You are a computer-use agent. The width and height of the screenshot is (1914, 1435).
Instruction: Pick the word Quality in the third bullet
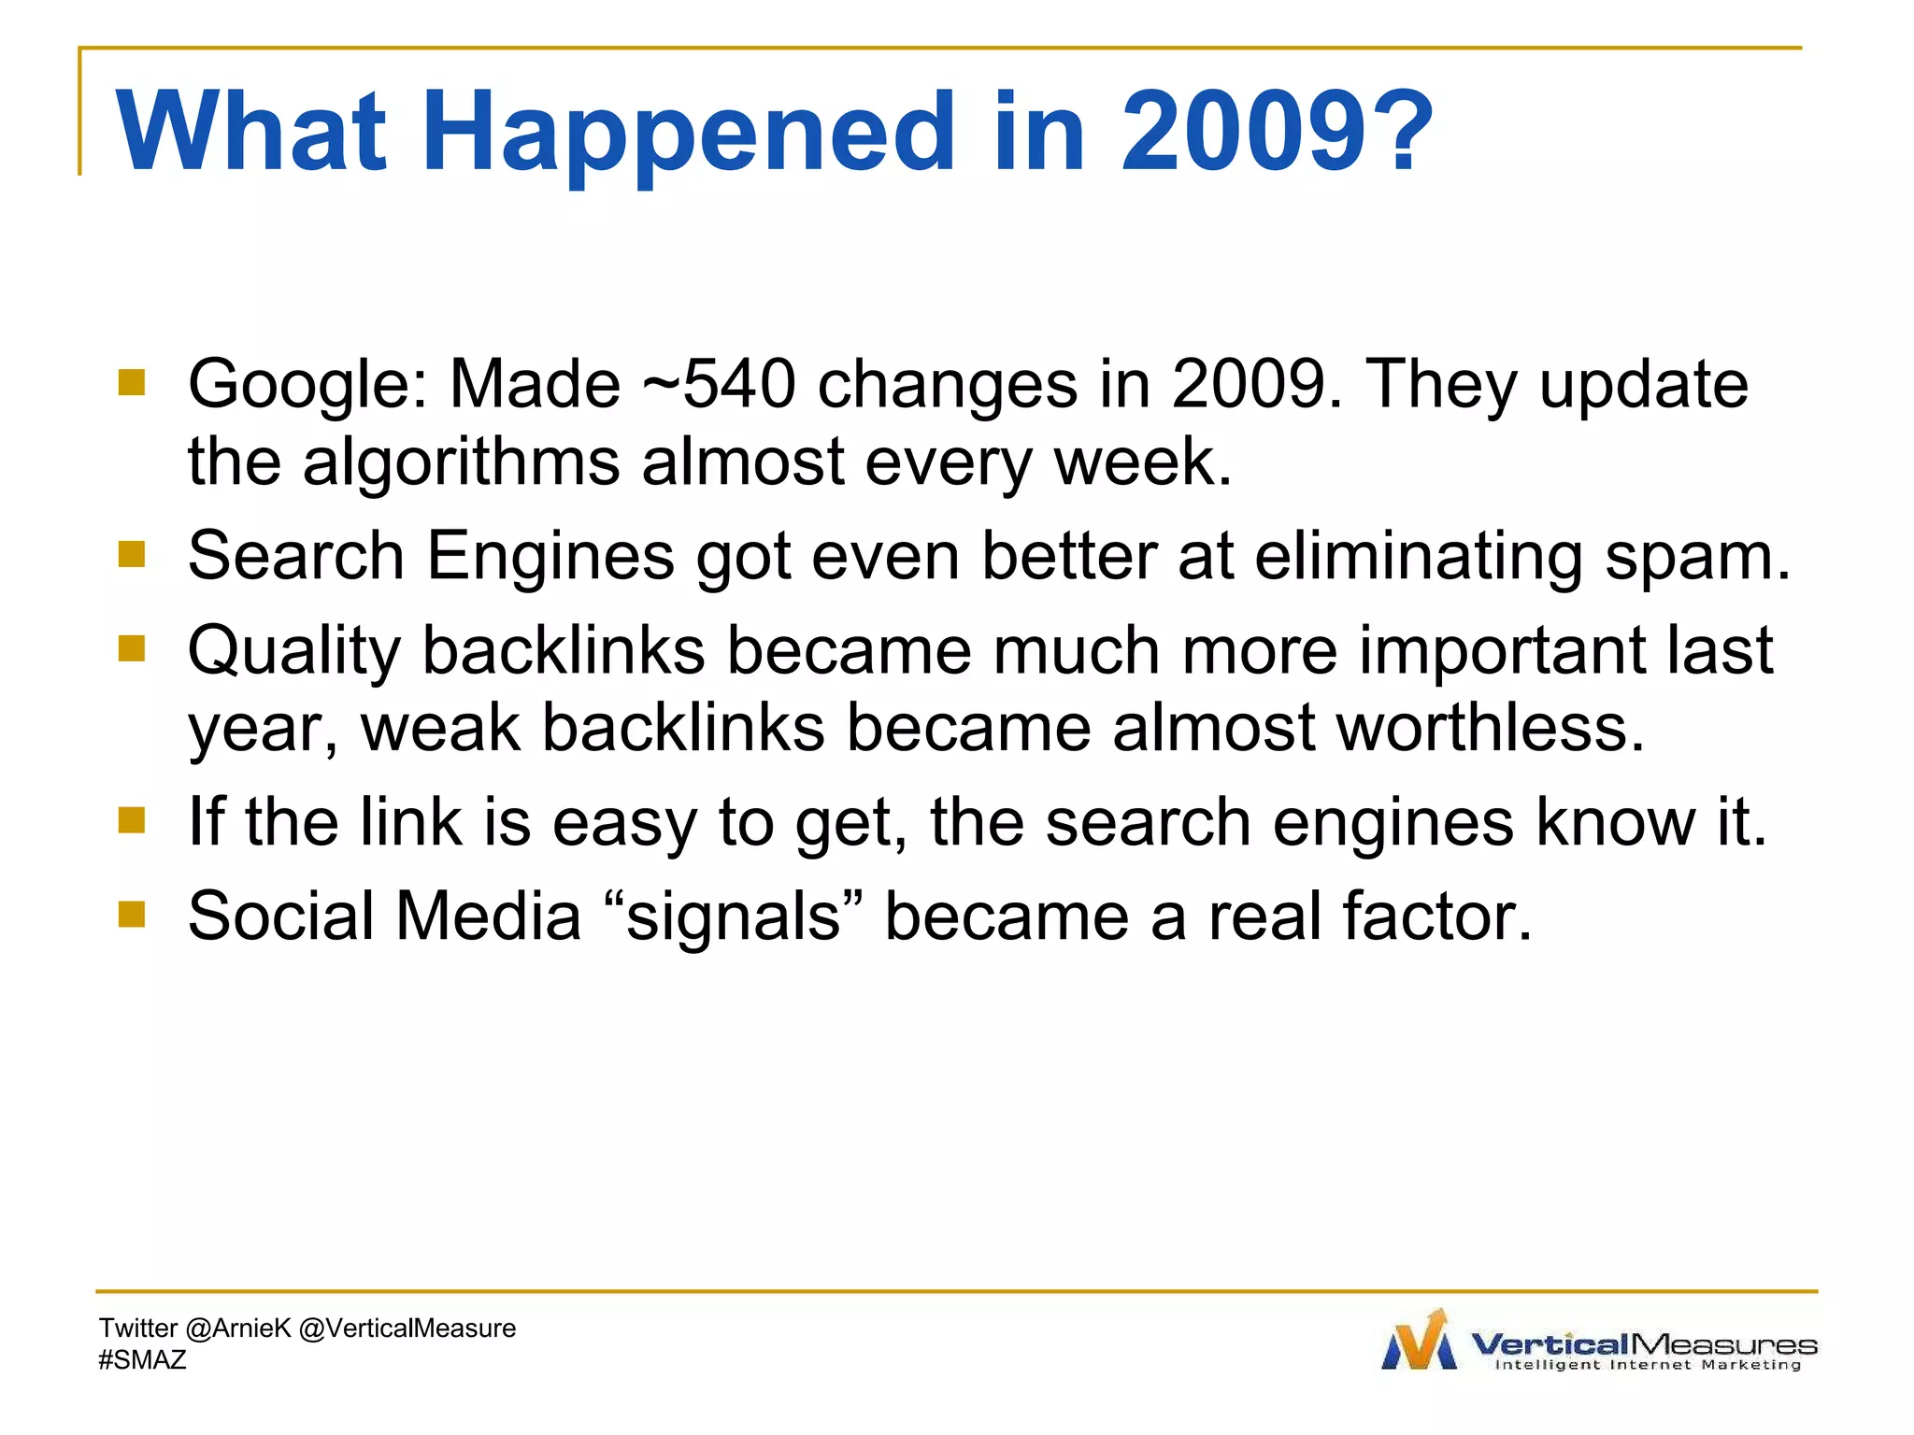tap(293, 651)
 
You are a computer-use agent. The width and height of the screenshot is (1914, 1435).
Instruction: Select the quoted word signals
tap(734, 916)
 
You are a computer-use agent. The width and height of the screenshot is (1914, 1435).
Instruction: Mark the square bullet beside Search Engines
tap(132, 554)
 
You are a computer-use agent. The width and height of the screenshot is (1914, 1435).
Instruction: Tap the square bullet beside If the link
tap(132, 820)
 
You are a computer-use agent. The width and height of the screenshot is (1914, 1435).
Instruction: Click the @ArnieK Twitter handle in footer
tap(238, 1328)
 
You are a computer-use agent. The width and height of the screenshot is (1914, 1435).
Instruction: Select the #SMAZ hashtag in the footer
tap(142, 1360)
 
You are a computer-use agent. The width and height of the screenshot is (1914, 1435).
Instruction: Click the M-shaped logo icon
tap(1419, 1342)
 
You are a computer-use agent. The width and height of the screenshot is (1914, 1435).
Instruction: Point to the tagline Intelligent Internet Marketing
tap(1647, 1365)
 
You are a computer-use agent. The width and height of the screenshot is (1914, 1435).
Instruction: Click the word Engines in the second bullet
tap(550, 558)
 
